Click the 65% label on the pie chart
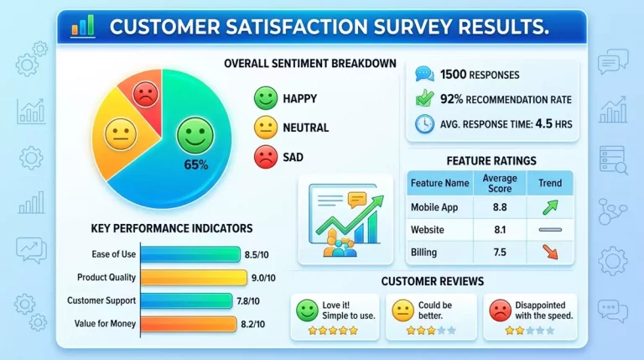196,164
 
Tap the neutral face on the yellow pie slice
121,134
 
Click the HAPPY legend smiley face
266,98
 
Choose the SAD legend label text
293,157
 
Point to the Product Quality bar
194,278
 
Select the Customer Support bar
186,300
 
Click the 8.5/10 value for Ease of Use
257,255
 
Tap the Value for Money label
105,324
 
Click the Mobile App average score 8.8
500,207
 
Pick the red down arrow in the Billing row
550,252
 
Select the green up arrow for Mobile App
550,207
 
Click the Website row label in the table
427,230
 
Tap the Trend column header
550,183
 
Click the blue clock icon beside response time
424,123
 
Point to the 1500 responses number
453,75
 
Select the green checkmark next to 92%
424,99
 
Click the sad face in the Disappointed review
501,310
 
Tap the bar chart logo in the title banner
83,26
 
